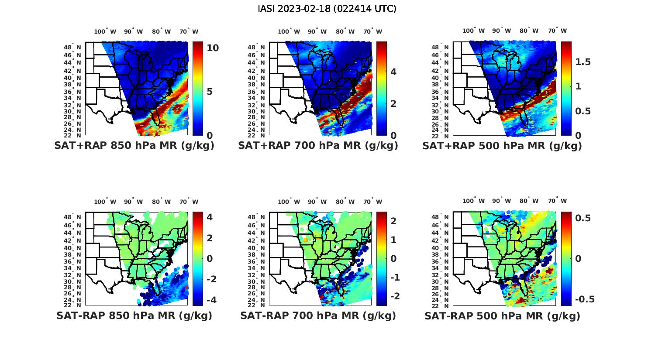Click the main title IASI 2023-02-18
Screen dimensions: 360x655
coord(327,9)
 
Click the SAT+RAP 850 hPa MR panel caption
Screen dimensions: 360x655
coord(134,146)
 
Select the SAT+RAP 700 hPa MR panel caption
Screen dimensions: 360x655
coord(318,146)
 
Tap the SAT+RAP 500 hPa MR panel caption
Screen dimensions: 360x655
coord(502,146)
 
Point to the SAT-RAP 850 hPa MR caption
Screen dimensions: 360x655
coord(134,315)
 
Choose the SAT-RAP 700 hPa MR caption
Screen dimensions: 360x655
coord(318,315)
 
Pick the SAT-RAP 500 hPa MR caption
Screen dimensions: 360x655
coord(502,315)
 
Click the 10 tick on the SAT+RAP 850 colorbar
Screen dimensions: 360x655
coord(213,48)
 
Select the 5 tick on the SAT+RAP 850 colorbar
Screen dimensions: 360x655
coord(210,92)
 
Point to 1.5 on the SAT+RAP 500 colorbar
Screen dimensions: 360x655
coord(583,62)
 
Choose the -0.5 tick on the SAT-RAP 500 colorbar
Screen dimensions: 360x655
coord(585,299)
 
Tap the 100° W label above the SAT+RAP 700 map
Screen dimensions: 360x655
coord(289,31)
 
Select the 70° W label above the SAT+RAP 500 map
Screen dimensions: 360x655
coord(557,31)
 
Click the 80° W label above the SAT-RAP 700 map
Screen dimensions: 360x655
coord(345,202)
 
